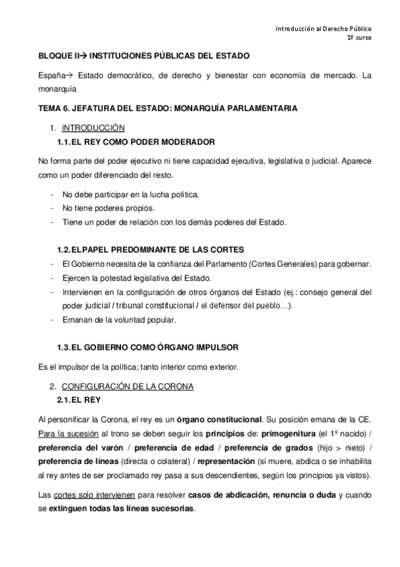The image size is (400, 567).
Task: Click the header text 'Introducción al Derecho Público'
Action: [324, 29]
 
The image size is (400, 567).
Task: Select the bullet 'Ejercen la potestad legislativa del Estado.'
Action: [135, 278]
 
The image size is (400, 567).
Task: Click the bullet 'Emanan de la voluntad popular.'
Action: [119, 320]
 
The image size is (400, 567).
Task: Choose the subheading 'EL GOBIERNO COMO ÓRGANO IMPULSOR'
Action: [155, 348]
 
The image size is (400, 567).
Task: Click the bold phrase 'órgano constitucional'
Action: [219, 420]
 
